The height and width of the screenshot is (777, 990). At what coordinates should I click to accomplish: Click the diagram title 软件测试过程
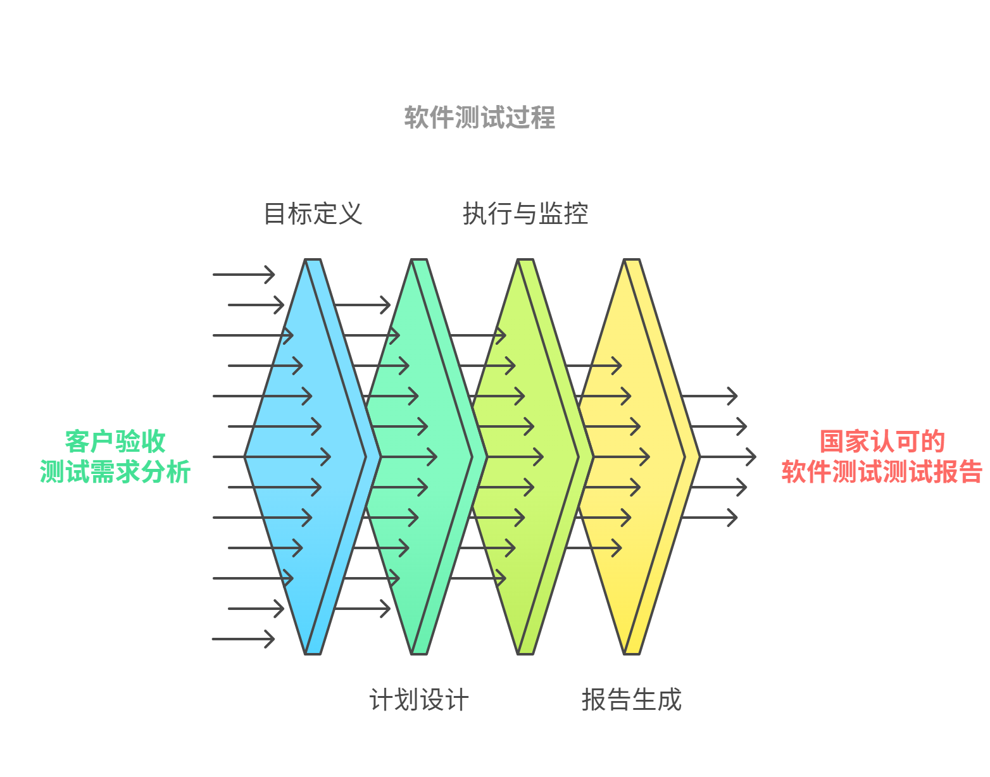coord(479,118)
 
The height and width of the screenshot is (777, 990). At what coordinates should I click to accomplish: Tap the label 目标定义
coord(313,214)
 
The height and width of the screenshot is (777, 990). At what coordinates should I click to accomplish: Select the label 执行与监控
coord(525,214)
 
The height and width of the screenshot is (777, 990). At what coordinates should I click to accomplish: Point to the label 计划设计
coord(419,700)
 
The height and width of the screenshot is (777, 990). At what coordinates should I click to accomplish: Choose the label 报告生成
coord(632,700)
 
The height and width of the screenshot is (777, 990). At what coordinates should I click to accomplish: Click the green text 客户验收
coord(115,441)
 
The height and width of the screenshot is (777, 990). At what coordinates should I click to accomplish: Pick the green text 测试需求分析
coord(115,472)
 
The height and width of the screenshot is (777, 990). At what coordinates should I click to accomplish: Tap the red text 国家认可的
coord(882,441)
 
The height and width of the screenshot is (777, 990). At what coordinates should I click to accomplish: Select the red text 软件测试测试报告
coord(882,472)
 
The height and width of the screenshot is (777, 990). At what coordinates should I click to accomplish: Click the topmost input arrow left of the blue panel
coord(244,275)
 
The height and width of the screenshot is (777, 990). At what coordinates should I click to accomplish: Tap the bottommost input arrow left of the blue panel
coord(244,639)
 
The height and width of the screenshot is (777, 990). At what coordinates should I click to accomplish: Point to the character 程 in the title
coord(543,118)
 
